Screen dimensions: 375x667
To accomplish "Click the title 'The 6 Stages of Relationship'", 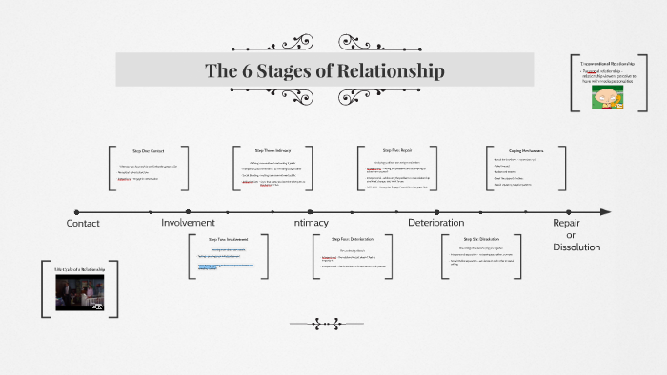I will point(325,70).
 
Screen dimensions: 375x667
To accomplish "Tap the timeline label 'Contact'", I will point(83,223).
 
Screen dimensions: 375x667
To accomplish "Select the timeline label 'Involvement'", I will point(188,223).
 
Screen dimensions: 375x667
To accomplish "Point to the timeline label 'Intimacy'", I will point(310,223).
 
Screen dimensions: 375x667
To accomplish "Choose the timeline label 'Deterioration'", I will point(435,223).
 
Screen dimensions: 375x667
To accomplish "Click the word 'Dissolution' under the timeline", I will point(576,247).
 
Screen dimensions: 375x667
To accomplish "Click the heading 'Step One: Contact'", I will point(148,151).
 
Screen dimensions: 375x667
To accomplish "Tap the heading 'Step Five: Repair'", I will point(396,150).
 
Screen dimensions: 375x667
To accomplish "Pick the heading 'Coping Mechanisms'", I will point(525,150).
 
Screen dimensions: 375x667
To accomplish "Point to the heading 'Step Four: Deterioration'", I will point(353,239).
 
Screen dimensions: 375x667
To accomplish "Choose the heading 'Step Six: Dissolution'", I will point(481,239).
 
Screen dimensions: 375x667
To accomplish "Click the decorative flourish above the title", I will point(273,42).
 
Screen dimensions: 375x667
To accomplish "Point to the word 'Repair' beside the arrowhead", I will point(567,223).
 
